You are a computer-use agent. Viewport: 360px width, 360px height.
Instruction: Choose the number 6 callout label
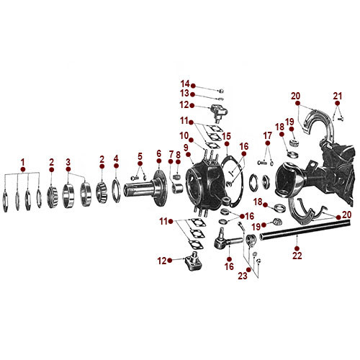pos(158,154)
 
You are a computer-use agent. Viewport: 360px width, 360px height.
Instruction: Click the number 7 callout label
pos(171,154)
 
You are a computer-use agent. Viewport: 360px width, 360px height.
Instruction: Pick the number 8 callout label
pos(179,154)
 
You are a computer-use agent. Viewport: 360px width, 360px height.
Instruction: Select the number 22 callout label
pos(297,254)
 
